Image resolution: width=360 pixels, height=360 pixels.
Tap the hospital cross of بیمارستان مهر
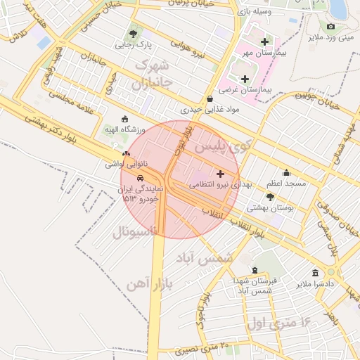[264, 41]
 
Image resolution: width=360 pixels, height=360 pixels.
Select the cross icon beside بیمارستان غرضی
[245, 79]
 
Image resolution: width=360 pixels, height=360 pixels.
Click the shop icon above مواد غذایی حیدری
[211, 99]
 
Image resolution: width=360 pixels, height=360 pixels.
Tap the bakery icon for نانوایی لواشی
[126, 153]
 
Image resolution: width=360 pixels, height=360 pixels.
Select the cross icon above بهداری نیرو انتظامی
[220, 173]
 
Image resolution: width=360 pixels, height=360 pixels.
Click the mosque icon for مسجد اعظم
[286, 173]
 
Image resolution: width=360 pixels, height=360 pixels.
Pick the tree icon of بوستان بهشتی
[270, 198]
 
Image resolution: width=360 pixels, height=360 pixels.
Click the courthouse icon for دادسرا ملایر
[314, 272]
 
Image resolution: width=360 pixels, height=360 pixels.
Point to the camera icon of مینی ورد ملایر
[330, 26]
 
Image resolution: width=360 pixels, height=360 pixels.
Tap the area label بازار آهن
[151, 283]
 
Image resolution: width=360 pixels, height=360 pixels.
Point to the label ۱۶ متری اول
[280, 323]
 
